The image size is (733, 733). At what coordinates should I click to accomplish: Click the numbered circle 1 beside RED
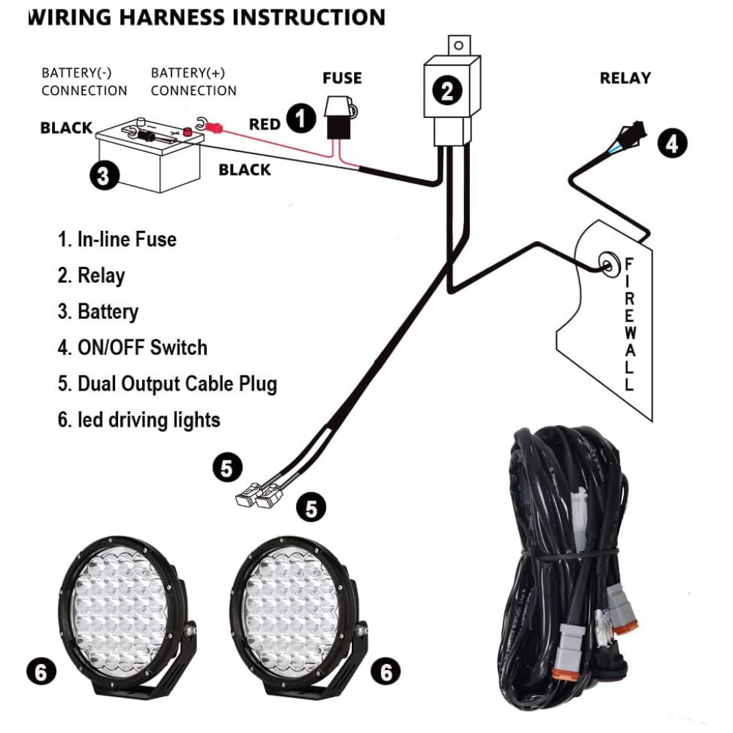(x=301, y=118)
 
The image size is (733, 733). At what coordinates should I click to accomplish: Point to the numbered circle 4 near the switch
(x=672, y=142)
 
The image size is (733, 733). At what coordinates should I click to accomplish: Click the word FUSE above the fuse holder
(x=342, y=78)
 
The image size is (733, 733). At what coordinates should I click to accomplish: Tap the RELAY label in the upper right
(x=625, y=78)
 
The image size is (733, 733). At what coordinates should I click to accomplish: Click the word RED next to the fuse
(x=265, y=124)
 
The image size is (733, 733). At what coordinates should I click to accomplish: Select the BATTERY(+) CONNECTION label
(x=194, y=82)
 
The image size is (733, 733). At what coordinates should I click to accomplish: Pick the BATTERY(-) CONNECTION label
(x=84, y=82)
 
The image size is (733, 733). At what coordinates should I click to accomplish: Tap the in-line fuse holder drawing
(x=339, y=117)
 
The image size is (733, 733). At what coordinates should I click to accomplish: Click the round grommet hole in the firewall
(x=607, y=262)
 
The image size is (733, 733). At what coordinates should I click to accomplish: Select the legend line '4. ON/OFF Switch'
(x=133, y=347)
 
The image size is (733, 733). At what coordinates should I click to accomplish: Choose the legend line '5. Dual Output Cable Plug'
(x=167, y=383)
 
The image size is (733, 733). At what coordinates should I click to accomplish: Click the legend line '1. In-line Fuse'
(x=117, y=239)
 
